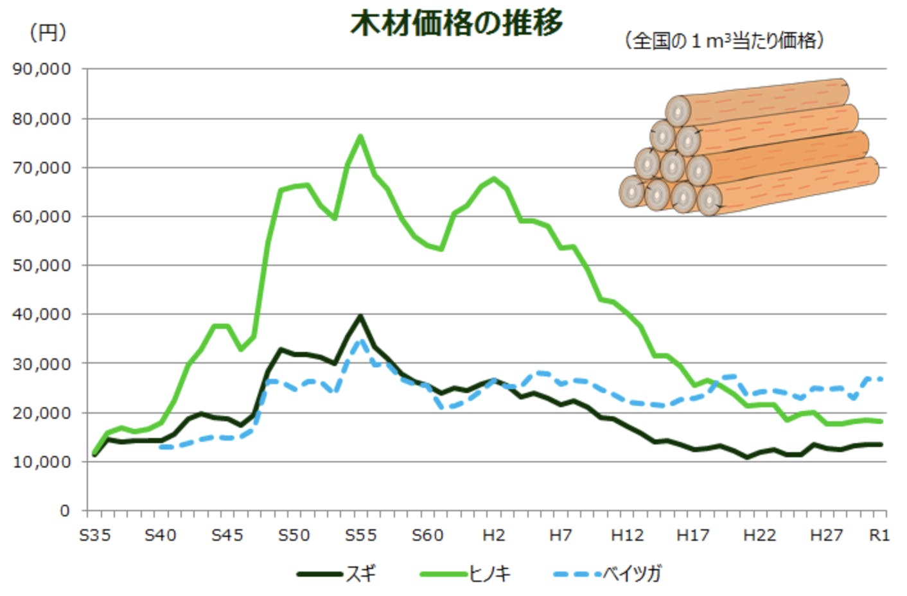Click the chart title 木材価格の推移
(x=456, y=24)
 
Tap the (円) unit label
(x=48, y=32)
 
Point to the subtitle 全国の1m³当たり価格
(x=724, y=40)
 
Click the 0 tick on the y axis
(x=64, y=511)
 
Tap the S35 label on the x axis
(x=94, y=535)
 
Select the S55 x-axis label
(x=360, y=535)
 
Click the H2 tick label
(x=493, y=535)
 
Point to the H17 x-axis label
(x=692, y=535)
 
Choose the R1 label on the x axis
(x=879, y=535)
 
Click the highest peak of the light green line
(x=360, y=136)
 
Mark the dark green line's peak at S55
(x=360, y=316)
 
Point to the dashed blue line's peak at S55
(x=360, y=342)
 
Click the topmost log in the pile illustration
(x=758, y=103)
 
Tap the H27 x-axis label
(x=825, y=535)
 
